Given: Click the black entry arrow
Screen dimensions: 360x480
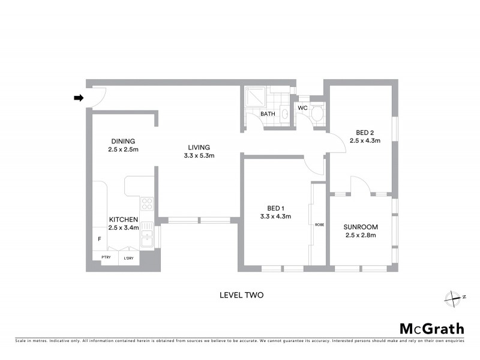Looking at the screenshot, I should (78, 98).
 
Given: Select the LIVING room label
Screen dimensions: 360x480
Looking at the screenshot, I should (199, 147).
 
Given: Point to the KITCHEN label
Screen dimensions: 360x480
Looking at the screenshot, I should (124, 220).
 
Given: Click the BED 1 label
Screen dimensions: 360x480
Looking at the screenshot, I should (275, 208).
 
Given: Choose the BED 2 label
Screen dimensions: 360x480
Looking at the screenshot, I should (365, 133).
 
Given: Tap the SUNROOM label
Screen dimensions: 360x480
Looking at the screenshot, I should (360, 227).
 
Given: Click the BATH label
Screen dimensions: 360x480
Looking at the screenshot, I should (268, 114).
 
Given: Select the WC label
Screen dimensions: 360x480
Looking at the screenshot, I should (303, 108).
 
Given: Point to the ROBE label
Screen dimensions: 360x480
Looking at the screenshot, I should (319, 224).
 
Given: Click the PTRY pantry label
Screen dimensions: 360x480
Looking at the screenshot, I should (106, 257).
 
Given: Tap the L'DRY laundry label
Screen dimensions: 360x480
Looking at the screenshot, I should (128, 258).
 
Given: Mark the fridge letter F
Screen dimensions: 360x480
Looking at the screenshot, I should (100, 239).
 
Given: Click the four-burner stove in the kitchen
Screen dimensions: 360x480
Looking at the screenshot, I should (147, 203).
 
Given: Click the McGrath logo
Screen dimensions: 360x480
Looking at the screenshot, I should (431, 328).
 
